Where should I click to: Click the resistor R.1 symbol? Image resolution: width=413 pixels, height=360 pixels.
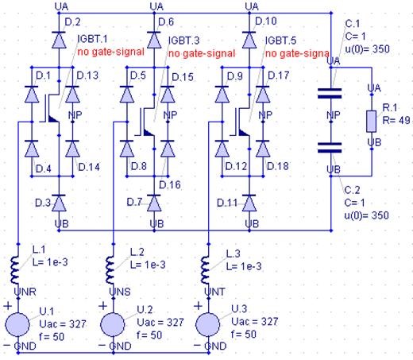point(370,120)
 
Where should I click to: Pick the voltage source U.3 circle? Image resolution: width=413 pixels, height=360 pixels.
point(208,325)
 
